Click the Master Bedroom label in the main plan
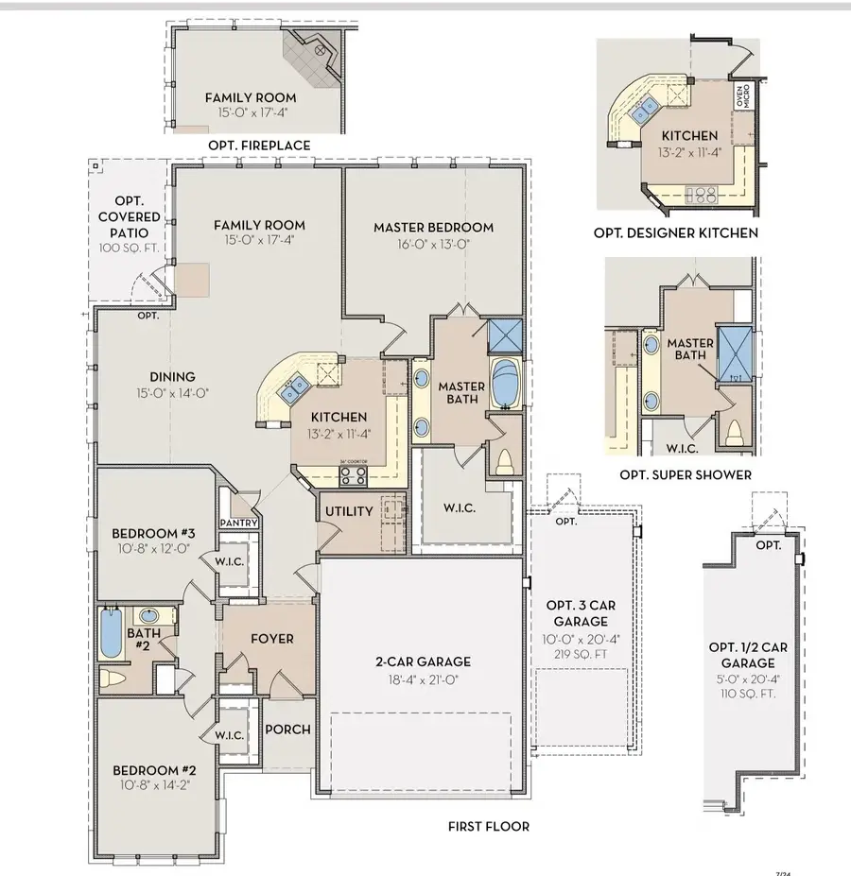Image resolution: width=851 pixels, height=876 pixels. pos(433,227)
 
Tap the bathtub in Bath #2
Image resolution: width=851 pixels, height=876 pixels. pos(112,634)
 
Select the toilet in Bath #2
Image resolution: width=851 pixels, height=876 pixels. pos(113,678)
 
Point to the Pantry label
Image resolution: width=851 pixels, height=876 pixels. pos(238,523)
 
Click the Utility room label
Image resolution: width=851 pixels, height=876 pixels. pos(348,511)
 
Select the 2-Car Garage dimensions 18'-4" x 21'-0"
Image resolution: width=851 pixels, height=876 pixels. pos(421,680)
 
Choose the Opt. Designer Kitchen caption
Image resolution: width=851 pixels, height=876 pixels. pos(675,232)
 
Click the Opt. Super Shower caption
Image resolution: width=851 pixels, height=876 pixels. pos(686,474)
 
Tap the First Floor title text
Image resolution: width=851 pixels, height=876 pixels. pos(488,826)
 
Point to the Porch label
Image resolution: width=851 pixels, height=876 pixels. pos(287,730)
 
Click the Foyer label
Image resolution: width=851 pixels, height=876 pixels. pos(271,639)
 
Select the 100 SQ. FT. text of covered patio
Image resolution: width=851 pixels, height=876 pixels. pos(130,248)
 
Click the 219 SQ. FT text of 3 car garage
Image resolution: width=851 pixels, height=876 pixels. pos(581,652)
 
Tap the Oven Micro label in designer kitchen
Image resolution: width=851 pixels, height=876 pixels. pos(743,96)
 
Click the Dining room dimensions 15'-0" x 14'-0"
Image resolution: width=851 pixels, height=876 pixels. pos(171,393)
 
